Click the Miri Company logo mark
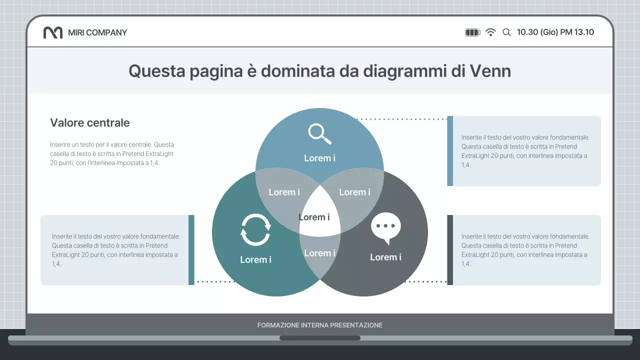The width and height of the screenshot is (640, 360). click(52, 32)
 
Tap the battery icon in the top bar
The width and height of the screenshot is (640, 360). click(472, 32)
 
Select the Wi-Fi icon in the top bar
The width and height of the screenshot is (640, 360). click(491, 32)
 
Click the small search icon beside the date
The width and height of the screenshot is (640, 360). click(506, 32)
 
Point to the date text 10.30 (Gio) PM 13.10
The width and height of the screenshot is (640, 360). click(555, 32)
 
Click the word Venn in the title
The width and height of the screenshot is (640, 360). click(490, 71)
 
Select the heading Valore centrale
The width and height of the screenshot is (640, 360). click(90, 123)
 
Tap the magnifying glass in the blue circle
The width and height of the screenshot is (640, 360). click(319, 134)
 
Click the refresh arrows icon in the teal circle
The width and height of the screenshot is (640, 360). click(255, 230)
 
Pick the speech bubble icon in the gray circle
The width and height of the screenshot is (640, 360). click(386, 228)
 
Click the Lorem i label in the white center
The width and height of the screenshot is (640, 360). click(314, 217)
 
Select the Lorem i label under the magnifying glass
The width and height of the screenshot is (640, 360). click(319, 158)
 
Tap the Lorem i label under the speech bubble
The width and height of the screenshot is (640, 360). click(385, 257)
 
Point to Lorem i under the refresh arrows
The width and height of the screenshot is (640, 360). click(255, 259)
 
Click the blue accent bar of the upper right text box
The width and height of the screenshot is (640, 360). click(450, 151)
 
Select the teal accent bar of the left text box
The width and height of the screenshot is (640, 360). click(191, 250)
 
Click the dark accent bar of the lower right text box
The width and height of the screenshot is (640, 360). click(450, 250)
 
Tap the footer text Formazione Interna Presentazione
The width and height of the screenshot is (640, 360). click(320, 325)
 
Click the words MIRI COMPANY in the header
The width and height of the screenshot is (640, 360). click(97, 32)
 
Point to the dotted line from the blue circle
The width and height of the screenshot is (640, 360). click(402, 119)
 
